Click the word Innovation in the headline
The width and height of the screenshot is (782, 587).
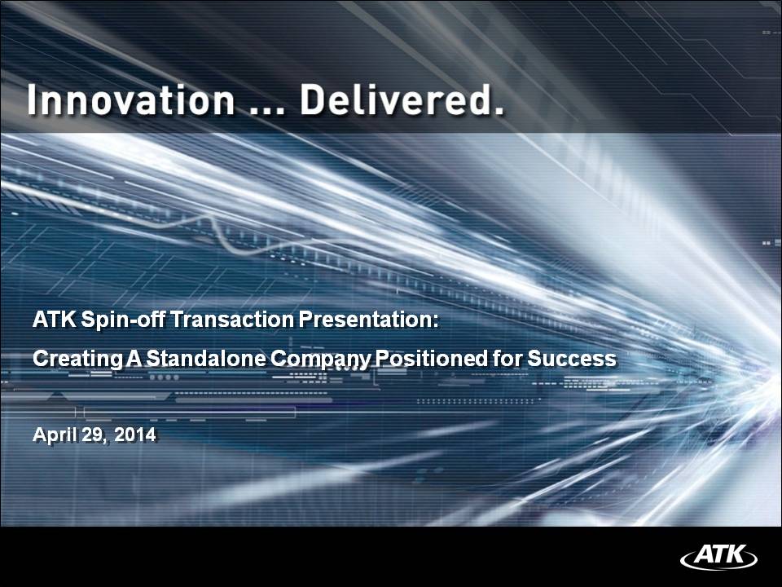(130, 99)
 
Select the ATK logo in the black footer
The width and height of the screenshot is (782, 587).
(718, 556)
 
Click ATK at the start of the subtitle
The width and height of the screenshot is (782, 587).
(55, 320)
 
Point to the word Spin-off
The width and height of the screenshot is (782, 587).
(123, 320)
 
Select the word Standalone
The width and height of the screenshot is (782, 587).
(206, 359)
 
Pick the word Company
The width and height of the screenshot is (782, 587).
(321, 360)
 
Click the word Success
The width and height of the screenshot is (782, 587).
(572, 359)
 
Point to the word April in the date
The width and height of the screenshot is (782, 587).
(55, 435)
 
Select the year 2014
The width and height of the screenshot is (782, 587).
(135, 435)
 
